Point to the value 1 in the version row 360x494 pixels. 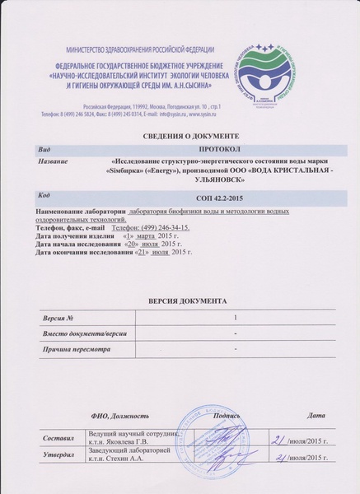236,317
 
